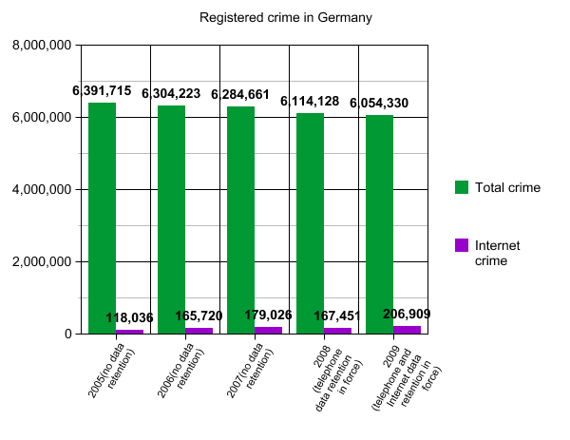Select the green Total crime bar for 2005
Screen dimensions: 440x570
click(x=103, y=219)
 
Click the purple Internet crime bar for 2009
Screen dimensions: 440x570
click(x=407, y=330)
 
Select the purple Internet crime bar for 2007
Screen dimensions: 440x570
click(x=269, y=330)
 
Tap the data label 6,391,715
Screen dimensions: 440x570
click(x=102, y=91)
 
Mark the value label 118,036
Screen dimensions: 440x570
click(x=128, y=317)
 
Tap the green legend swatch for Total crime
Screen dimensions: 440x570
click(x=462, y=187)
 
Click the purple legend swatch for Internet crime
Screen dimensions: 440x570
click(x=462, y=245)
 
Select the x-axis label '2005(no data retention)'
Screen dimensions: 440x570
click(x=111, y=373)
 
